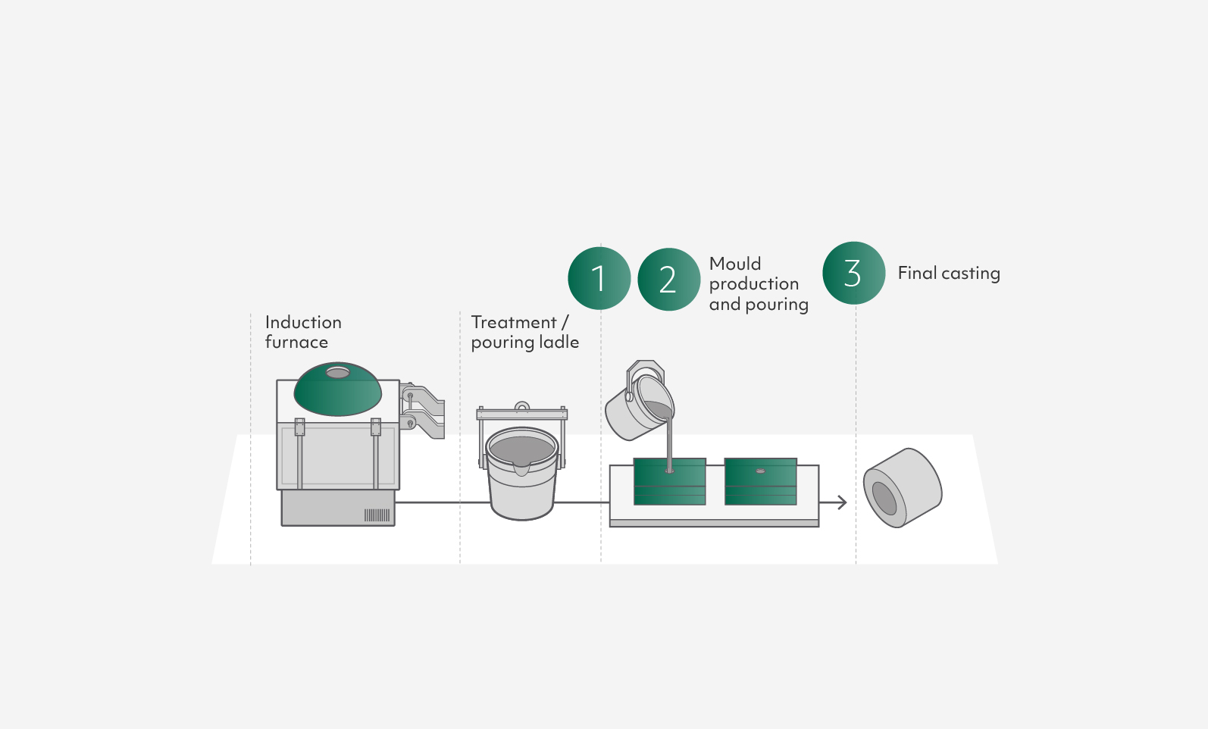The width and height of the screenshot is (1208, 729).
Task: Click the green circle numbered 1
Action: (x=599, y=278)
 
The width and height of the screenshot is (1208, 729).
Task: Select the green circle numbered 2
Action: (x=668, y=280)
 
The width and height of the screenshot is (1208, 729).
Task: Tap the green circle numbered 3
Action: (x=853, y=273)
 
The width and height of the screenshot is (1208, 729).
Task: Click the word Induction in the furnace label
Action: (x=303, y=322)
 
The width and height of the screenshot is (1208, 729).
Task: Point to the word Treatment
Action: (x=513, y=322)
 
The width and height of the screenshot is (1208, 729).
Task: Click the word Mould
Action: (x=734, y=264)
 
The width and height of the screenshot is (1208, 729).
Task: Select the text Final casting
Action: (x=948, y=273)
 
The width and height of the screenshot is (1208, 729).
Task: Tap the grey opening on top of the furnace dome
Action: (x=337, y=372)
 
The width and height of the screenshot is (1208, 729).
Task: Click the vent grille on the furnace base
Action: (x=377, y=515)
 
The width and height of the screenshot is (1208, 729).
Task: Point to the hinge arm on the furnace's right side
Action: (x=424, y=409)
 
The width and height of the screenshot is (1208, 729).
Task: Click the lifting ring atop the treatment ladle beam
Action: (x=521, y=407)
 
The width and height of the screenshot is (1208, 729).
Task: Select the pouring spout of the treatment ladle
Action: (x=521, y=467)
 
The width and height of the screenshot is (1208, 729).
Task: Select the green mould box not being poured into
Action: (x=760, y=482)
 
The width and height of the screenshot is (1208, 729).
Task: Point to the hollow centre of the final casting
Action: (x=884, y=498)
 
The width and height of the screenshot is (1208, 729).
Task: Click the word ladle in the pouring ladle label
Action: (x=559, y=342)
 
